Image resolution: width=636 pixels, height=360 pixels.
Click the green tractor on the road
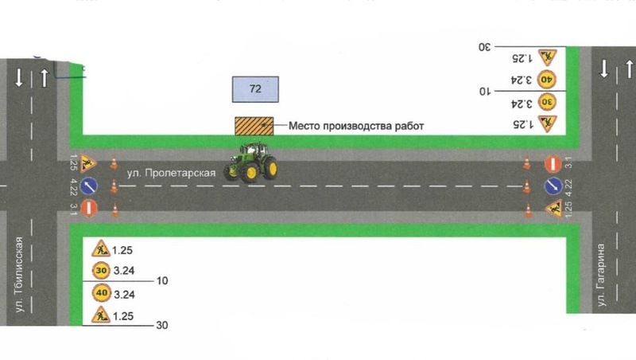pyautogui.click(x=251, y=162)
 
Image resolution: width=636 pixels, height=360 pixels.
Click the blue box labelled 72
pyautogui.click(x=255, y=89)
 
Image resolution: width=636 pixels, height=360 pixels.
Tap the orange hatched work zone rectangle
pyautogui.click(x=254, y=126)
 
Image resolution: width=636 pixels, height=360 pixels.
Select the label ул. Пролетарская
pyautogui.click(x=171, y=173)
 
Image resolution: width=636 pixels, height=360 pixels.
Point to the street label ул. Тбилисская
pyautogui.click(x=19, y=275)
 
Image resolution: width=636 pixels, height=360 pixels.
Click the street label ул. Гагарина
pyautogui.click(x=601, y=275)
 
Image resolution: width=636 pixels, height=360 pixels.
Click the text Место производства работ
pyautogui.click(x=356, y=126)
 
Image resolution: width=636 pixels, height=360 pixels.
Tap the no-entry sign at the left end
pyautogui.click(x=89, y=208)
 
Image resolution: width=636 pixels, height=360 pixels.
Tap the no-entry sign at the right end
pyautogui.click(x=553, y=164)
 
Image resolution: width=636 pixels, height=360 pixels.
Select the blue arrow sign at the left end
pyautogui.click(x=89, y=186)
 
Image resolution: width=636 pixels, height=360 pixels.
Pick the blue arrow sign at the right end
pyautogui.click(x=553, y=186)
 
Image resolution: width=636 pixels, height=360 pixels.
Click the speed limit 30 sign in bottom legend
pyautogui.click(x=101, y=271)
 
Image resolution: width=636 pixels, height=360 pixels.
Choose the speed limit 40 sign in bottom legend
pyautogui.click(x=102, y=293)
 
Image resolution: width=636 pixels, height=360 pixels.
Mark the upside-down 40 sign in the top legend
pyautogui.click(x=546, y=80)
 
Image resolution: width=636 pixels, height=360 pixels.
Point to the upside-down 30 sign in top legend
pyautogui.click(x=547, y=102)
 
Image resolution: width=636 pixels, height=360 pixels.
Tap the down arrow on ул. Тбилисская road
pyautogui.click(x=18, y=77)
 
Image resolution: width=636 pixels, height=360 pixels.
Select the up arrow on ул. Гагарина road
pyautogui.click(x=629, y=69)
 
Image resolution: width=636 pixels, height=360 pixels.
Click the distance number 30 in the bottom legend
pyautogui.click(x=162, y=325)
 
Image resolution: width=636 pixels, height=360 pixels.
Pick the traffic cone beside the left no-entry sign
pyautogui.click(x=115, y=210)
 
